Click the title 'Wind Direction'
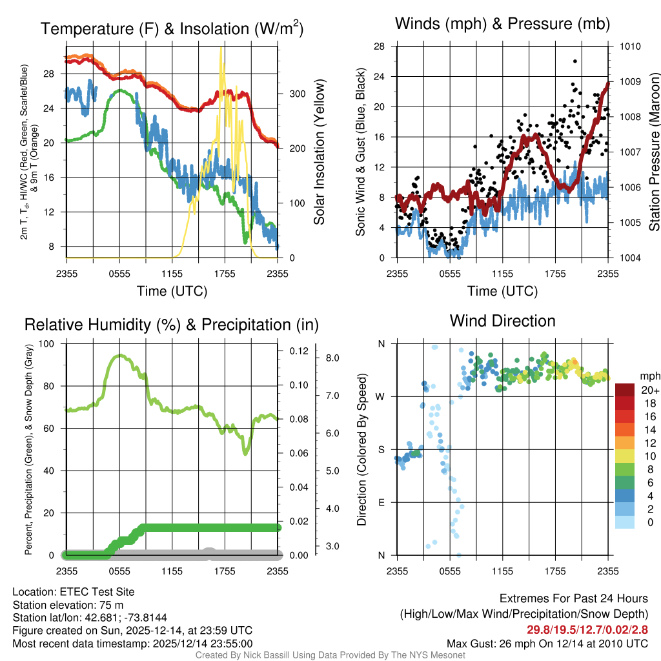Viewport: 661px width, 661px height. pos(502,321)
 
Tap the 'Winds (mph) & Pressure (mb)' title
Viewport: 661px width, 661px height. pos(502,25)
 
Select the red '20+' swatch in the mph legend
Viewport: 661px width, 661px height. pos(626,390)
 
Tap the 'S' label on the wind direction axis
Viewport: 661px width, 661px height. pos(381,449)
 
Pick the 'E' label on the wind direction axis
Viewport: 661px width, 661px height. pos(381,502)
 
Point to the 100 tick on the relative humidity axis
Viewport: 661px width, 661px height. pos(46,343)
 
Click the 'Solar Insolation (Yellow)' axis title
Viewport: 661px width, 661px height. pos(319,152)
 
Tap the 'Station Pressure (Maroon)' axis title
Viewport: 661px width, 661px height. pos(653,152)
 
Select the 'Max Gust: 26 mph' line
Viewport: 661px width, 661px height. pos(547,644)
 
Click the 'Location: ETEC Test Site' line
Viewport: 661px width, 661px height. pos(73,591)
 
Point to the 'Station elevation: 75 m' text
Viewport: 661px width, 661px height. pos(68,605)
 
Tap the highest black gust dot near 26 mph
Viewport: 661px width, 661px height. pos(575,61)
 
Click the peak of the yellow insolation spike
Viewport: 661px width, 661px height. pos(221,48)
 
